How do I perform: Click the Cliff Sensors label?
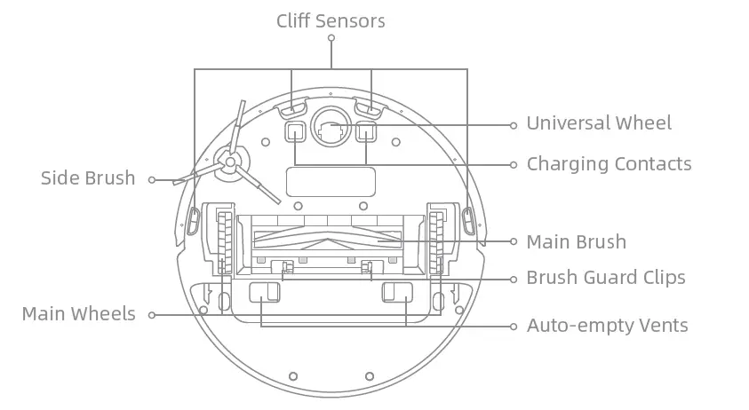(331, 20)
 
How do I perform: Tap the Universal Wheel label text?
(599, 123)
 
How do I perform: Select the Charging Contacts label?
(609, 164)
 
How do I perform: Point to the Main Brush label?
(576, 242)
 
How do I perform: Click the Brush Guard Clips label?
(606, 278)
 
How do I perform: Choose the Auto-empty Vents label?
(607, 326)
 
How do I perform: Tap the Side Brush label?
(88, 178)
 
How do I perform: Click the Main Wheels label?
(78, 314)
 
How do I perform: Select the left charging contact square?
(295, 133)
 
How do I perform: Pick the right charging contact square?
(366, 133)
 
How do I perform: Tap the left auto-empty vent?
(262, 293)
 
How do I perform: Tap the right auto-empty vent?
(397, 293)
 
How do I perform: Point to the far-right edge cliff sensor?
(467, 217)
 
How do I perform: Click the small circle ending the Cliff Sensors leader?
(331, 38)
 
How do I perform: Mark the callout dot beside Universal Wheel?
(513, 125)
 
